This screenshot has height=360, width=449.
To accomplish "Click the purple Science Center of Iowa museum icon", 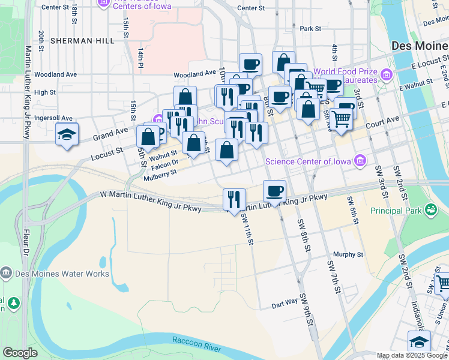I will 360,160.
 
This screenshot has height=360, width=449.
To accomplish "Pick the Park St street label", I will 311,28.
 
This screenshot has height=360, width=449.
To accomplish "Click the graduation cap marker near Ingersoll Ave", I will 67,134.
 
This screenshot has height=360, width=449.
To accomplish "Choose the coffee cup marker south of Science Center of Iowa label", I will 274,191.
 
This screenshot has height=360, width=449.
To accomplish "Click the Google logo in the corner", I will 20,353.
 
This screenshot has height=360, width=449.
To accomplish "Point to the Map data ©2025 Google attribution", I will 412,355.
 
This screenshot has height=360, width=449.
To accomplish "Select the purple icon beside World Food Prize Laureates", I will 386,75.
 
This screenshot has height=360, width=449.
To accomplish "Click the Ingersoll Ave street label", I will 53,118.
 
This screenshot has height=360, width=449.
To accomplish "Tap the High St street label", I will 45,92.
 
